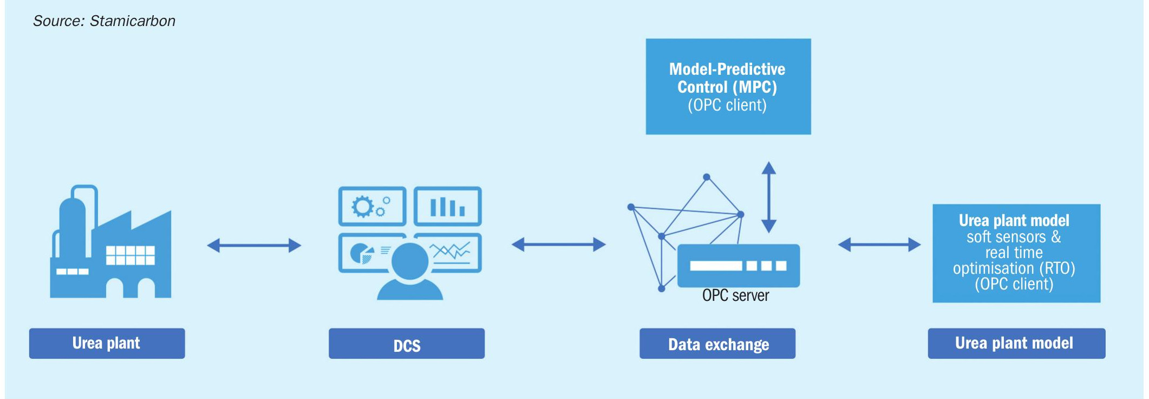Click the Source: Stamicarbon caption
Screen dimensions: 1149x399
104,21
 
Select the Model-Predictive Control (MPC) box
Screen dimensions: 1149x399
728,86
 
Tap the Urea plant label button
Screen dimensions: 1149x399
107,343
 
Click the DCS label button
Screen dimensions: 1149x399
407,343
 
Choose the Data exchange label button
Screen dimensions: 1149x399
717,343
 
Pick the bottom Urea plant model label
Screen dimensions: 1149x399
1016,343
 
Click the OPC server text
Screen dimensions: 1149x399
735,295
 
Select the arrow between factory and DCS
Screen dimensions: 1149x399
254,246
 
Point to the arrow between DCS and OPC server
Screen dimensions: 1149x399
559,244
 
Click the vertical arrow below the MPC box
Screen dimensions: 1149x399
769,197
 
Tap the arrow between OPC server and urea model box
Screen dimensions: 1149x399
879,244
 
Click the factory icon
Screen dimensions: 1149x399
110,241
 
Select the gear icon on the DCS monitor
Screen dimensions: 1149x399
362,207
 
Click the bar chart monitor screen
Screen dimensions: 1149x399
448,206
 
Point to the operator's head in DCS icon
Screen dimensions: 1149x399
410,261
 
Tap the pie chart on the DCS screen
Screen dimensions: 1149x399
362,253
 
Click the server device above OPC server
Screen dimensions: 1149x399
739,266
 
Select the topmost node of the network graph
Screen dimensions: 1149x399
707,177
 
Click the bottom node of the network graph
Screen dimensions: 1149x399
661,288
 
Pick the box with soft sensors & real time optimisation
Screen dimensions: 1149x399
1016,253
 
